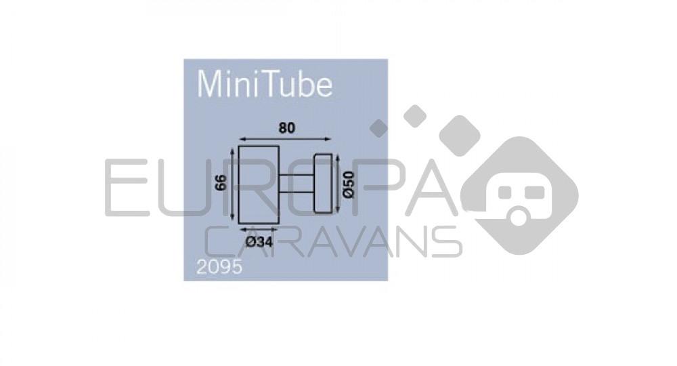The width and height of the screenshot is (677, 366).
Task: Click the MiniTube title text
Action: [264, 84]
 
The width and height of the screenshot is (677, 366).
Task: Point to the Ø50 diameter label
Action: [348, 184]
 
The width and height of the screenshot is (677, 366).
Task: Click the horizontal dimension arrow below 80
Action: [285, 138]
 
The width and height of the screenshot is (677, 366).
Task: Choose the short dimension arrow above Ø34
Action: [259, 230]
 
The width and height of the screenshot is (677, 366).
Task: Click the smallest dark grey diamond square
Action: [378, 128]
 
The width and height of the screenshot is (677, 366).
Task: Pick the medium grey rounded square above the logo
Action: [415, 116]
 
